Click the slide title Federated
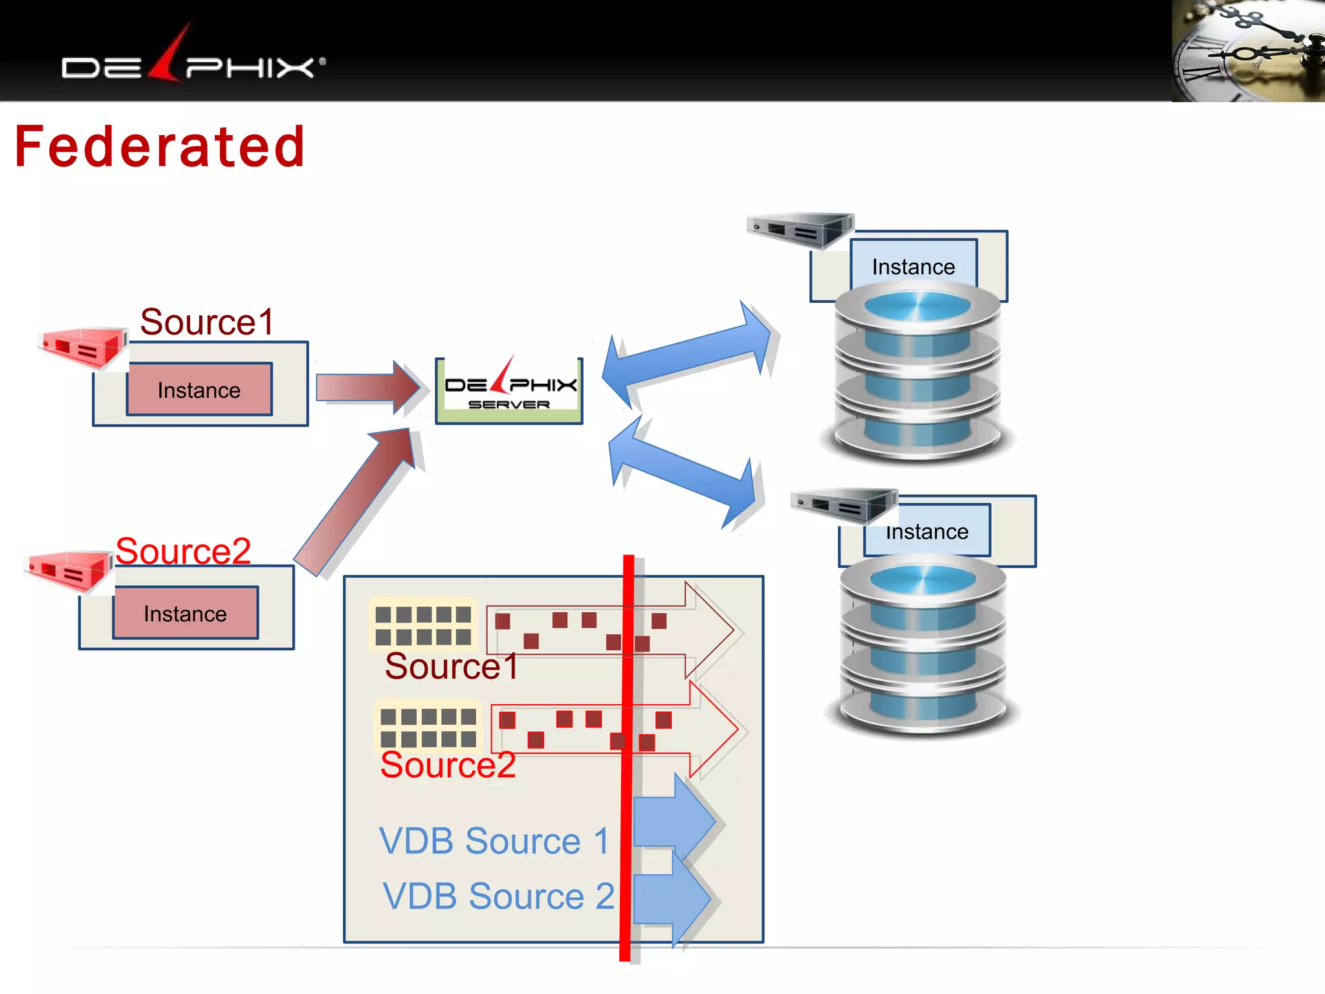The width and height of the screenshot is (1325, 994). pos(159,147)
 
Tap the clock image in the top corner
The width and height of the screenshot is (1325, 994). pos(1247,50)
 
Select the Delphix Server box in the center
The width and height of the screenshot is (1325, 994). pos(509,391)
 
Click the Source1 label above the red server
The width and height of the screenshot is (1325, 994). pos(207,322)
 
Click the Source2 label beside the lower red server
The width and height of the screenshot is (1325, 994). pos(183,551)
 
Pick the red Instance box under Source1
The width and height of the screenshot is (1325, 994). pos(199,390)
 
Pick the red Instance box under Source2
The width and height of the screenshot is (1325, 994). pos(185,613)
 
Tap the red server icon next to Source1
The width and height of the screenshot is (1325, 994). pos(83,348)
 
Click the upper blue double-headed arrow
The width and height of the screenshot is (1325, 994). pos(686,354)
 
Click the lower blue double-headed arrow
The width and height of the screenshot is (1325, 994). pos(683,470)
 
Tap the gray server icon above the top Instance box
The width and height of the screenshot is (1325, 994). pos(801,230)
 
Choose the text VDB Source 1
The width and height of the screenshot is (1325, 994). pos(494,841)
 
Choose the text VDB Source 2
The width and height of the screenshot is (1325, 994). pos(498,896)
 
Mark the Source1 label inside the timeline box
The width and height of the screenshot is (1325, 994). pos(451,666)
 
